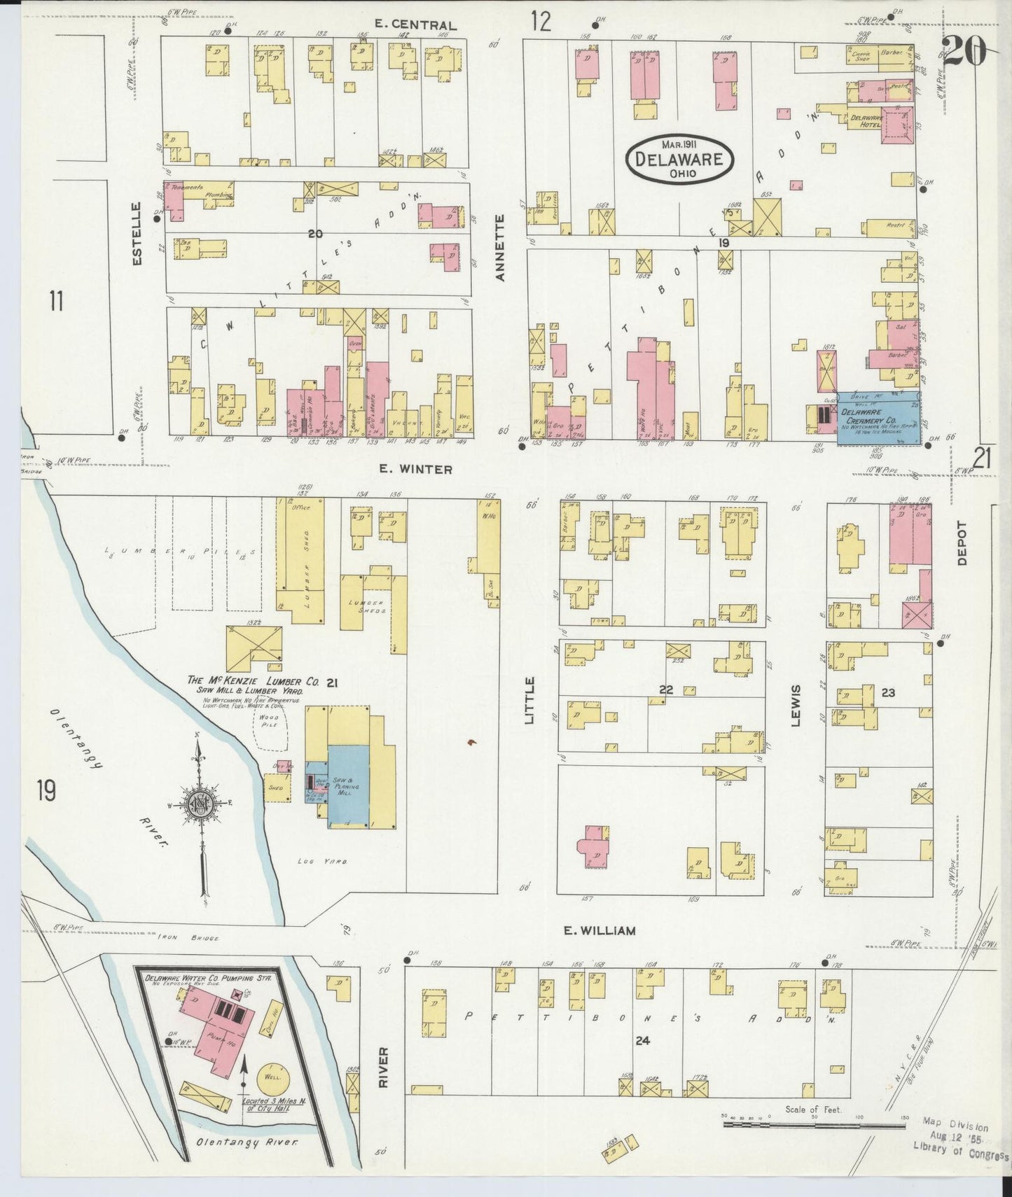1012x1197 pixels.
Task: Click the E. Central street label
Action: [x=415, y=25]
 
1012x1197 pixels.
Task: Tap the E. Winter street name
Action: [x=415, y=469]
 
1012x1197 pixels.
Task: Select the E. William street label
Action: [x=599, y=930]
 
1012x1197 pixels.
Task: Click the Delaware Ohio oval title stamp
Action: [x=679, y=158]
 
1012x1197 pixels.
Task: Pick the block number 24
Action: [x=642, y=1041]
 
